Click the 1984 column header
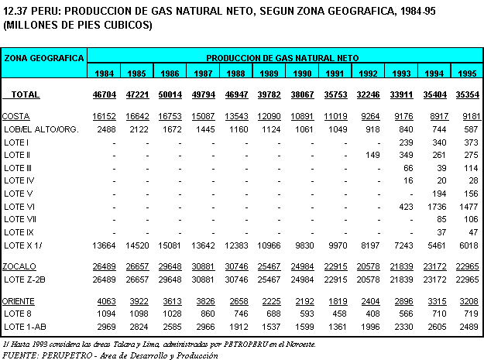(106, 74)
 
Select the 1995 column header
(466, 74)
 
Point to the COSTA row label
(16, 116)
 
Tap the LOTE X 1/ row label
(22, 245)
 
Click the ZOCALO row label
(19, 266)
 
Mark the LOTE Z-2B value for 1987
(203, 278)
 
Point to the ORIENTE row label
(21, 300)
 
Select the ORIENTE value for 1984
(106, 300)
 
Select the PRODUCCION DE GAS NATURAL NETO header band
(282, 57)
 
